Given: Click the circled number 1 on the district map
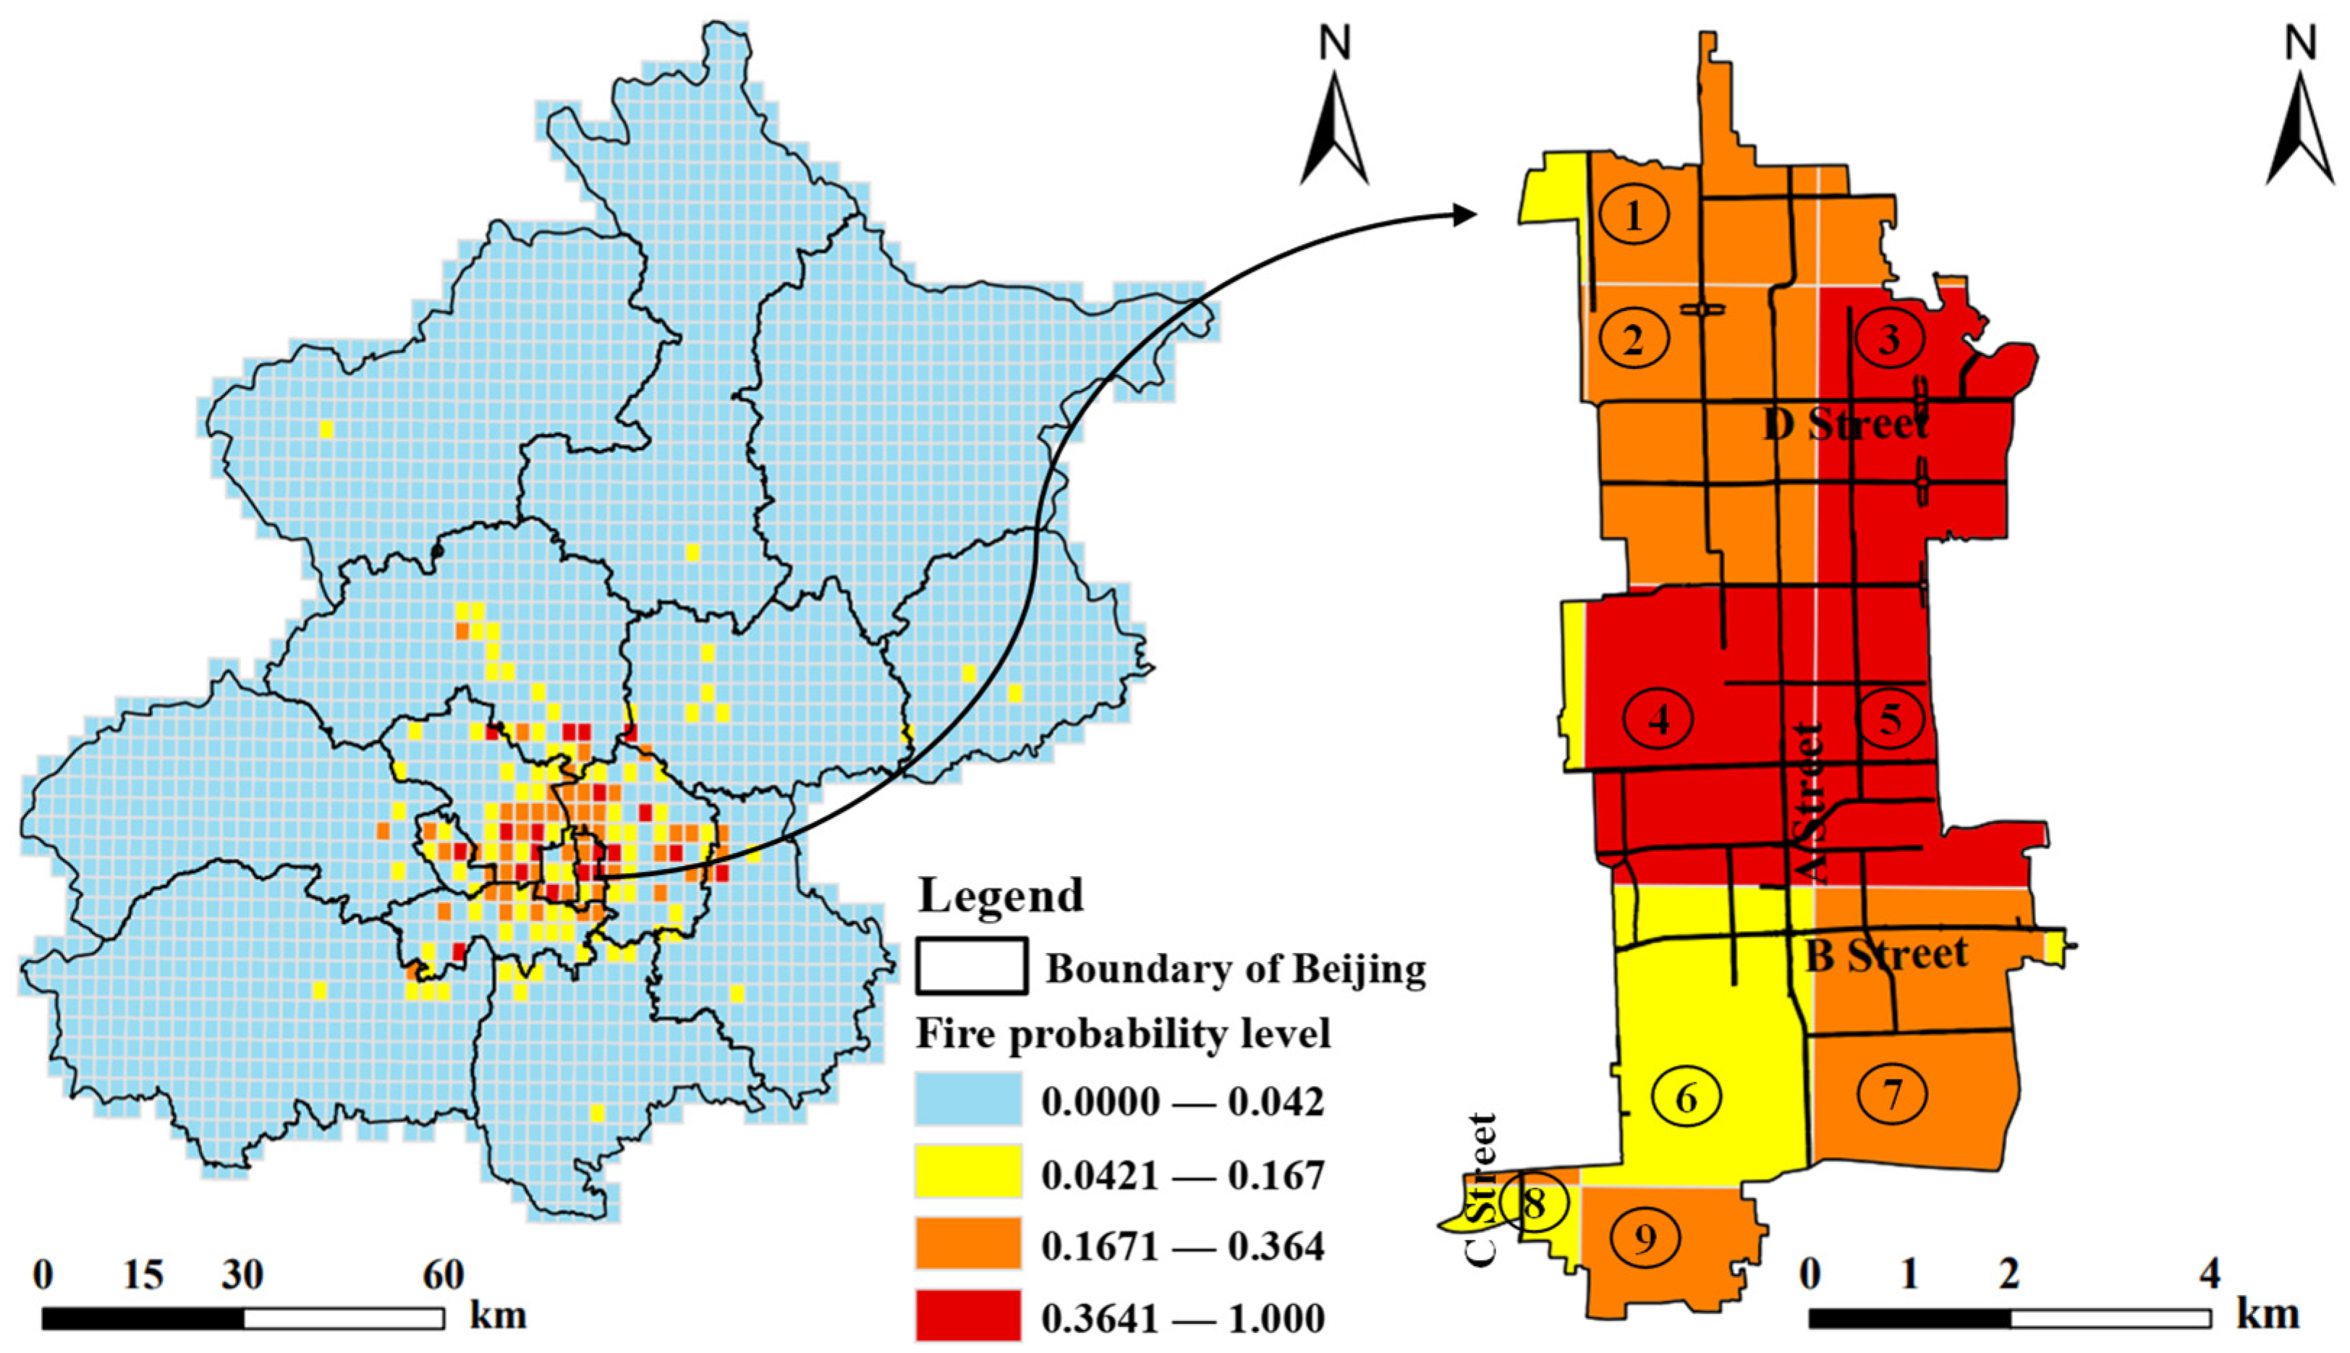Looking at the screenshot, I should pyautogui.click(x=1634, y=215).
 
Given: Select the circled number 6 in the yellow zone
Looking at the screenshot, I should pyautogui.click(x=1686, y=1098).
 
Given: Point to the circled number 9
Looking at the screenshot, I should pyautogui.click(x=1645, y=1237).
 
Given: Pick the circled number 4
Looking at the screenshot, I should pyautogui.click(x=1658, y=718).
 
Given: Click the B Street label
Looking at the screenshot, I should pyautogui.click(x=1886, y=954).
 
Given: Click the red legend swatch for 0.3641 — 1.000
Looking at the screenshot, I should pyautogui.click(x=967, y=1317).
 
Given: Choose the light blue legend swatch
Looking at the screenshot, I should pyautogui.click(x=967, y=1099).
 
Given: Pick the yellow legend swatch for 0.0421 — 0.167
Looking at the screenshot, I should pyautogui.click(x=967, y=1173).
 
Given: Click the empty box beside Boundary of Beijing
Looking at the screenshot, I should pyautogui.click(x=971, y=965).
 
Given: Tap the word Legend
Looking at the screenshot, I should pyautogui.click(x=1001, y=895).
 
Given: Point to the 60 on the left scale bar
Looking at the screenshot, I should pyautogui.click(x=444, y=1274).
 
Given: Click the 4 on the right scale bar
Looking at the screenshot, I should pyautogui.click(x=2210, y=1272).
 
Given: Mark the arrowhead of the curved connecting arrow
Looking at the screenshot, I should pyautogui.click(x=1467, y=215).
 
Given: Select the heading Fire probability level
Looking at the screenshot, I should pyautogui.click(x=1122, y=1032).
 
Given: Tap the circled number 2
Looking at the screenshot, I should pyautogui.click(x=1634, y=339).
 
